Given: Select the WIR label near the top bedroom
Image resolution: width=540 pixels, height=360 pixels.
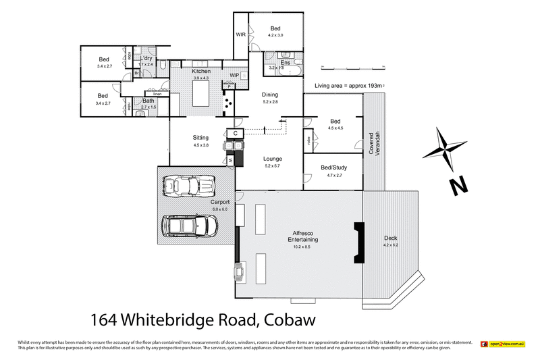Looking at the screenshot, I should (240, 34).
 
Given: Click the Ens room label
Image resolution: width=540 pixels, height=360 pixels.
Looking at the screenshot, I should (276, 62).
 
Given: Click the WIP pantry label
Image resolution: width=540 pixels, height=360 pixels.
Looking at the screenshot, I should (234, 74).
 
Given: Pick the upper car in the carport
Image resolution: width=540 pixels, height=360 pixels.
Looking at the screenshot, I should (189, 185).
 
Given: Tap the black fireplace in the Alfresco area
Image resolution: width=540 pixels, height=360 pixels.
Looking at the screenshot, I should (357, 242).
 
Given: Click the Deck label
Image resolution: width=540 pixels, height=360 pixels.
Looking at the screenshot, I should (391, 238).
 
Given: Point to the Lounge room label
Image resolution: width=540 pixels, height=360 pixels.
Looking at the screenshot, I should (273, 159).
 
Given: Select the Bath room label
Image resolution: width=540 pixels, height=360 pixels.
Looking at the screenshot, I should (148, 101).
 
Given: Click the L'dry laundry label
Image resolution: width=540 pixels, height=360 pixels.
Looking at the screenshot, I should (146, 59).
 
